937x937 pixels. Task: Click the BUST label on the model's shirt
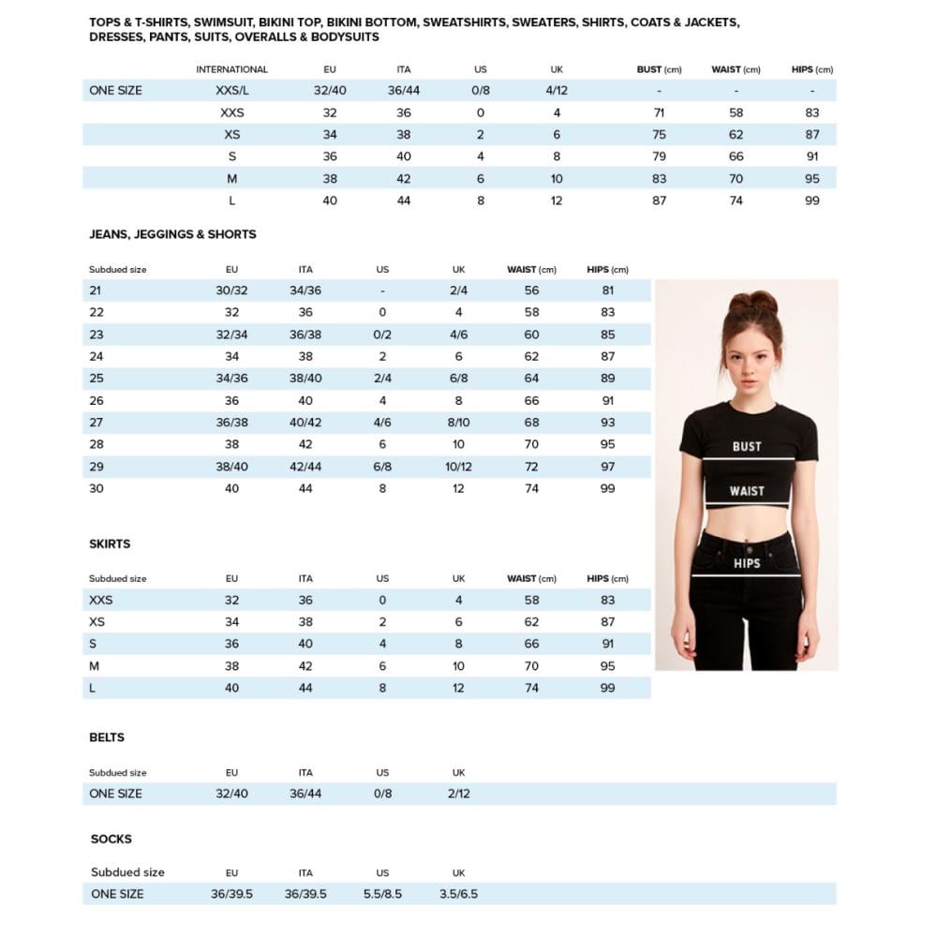pyautogui.click(x=747, y=446)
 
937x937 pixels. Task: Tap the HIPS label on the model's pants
pyautogui.click(x=747, y=563)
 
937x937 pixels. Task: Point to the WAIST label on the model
pyautogui.click(x=747, y=491)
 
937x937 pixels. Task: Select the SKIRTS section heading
pyautogui.click(x=110, y=544)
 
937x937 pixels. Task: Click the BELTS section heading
pyautogui.click(x=107, y=737)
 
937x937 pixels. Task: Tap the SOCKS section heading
pyautogui.click(x=112, y=840)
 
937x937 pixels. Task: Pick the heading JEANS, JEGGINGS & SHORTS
pyautogui.click(x=172, y=234)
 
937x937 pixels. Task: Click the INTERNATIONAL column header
pyautogui.click(x=231, y=69)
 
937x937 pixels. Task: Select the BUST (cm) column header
pyautogui.click(x=659, y=69)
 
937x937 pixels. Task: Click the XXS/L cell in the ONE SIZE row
pyautogui.click(x=232, y=91)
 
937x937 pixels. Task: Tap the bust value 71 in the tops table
pyautogui.click(x=659, y=112)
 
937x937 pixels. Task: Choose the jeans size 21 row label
pyautogui.click(x=96, y=290)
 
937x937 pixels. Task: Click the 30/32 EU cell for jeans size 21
pyautogui.click(x=231, y=290)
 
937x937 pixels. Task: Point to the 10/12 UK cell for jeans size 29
pyautogui.click(x=458, y=467)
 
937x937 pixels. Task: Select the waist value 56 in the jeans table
pyautogui.click(x=531, y=290)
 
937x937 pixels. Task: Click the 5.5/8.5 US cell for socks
pyautogui.click(x=382, y=894)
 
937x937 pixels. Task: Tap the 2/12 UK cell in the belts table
pyautogui.click(x=458, y=794)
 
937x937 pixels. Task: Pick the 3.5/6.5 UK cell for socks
pyautogui.click(x=458, y=894)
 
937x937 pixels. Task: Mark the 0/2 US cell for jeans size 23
pyautogui.click(x=382, y=335)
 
